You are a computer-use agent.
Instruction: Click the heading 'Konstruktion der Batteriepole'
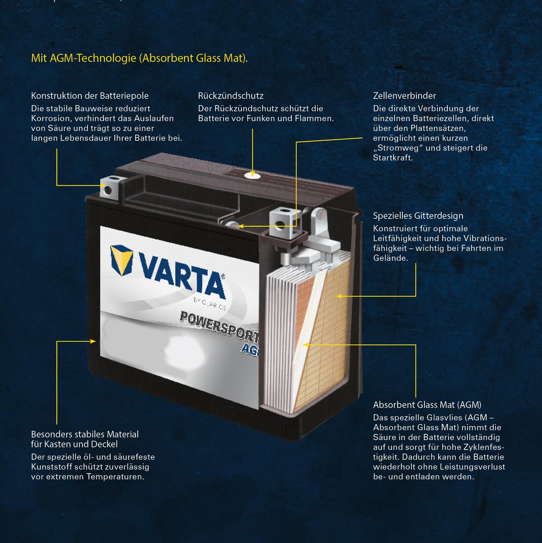pos(90,96)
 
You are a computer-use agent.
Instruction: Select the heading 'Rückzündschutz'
pos(231,96)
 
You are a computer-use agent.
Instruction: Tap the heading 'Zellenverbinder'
pos(404,96)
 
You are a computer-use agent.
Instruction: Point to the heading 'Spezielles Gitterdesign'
pos(418,216)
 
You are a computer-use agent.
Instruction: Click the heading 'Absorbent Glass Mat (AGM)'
pos(427,405)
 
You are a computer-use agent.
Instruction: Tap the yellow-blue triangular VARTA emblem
pos(122,259)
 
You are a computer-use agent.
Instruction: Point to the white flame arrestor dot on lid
pos(252,175)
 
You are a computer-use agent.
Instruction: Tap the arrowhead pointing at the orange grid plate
pos(339,296)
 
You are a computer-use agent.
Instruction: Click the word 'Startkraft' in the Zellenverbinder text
pos(392,158)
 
